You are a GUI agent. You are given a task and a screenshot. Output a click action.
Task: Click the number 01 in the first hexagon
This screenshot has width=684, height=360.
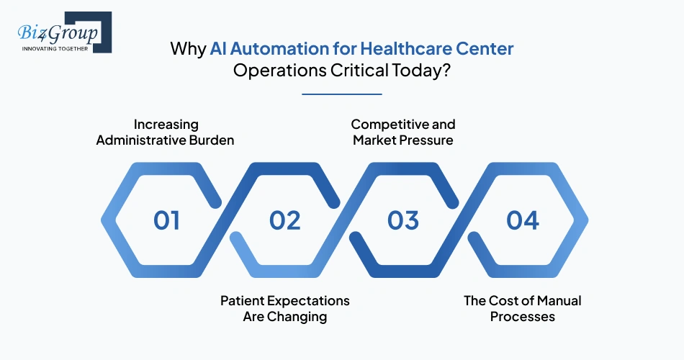(166, 220)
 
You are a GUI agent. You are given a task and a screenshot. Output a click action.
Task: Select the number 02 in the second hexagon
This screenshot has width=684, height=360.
(285, 220)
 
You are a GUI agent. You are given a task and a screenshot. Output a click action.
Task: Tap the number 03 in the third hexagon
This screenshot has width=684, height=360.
(403, 220)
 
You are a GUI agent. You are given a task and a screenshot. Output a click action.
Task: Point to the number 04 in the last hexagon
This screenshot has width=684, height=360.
(523, 220)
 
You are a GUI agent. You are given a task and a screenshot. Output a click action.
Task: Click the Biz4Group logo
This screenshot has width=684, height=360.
(60, 33)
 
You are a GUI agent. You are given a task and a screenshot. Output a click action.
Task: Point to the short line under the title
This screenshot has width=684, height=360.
(342, 94)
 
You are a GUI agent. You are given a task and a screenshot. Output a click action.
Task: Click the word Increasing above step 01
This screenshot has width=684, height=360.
(166, 125)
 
